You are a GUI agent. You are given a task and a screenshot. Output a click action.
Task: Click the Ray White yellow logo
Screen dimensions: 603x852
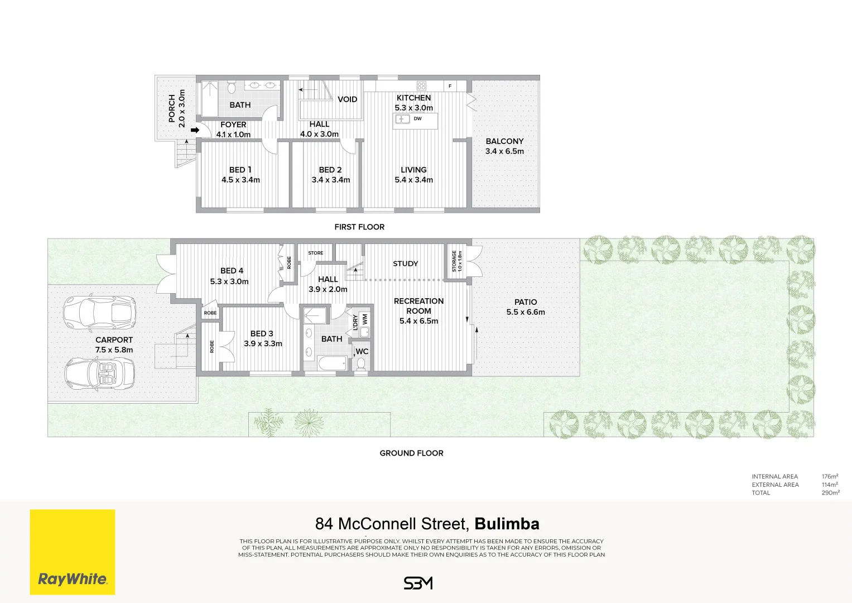tap(73, 552)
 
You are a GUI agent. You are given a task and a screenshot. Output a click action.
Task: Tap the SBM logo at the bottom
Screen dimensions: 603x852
tap(418, 583)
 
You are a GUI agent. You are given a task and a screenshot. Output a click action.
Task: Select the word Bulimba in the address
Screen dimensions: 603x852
tap(507, 524)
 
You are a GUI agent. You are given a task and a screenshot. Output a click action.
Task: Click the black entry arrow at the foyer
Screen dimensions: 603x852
tap(195, 130)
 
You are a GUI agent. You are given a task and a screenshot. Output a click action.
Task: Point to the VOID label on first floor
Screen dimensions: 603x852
tap(347, 99)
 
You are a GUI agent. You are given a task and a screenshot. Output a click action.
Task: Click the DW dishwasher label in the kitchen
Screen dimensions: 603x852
tap(417, 118)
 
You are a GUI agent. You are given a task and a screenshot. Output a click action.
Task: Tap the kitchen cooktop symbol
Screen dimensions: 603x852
tap(421, 86)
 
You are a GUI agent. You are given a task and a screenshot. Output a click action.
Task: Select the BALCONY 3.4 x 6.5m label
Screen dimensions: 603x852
tap(504, 146)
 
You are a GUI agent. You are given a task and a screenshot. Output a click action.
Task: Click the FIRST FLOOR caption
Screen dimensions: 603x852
tap(359, 227)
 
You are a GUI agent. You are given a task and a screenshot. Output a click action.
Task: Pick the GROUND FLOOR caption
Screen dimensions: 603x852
tap(411, 453)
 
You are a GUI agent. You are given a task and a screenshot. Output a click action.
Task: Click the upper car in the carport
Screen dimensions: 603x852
tap(99, 312)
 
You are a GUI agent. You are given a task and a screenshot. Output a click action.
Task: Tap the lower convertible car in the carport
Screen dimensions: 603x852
tap(99, 373)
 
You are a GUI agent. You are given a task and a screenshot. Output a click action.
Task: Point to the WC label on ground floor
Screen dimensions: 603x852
tap(362, 352)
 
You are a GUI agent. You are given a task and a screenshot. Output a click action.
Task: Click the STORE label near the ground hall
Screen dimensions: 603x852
tap(315, 253)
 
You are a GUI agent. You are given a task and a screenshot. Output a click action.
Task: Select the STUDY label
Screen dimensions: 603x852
tap(405, 264)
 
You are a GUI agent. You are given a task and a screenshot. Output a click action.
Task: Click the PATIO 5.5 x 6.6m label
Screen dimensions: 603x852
tap(526, 307)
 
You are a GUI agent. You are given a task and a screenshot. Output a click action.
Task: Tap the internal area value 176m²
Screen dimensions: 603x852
tap(830, 477)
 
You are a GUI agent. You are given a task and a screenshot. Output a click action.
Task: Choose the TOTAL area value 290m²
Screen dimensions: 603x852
tap(830, 493)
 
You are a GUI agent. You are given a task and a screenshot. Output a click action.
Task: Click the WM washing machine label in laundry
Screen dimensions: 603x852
tap(365, 319)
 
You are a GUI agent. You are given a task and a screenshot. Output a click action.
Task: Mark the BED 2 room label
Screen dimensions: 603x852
tap(330, 175)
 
